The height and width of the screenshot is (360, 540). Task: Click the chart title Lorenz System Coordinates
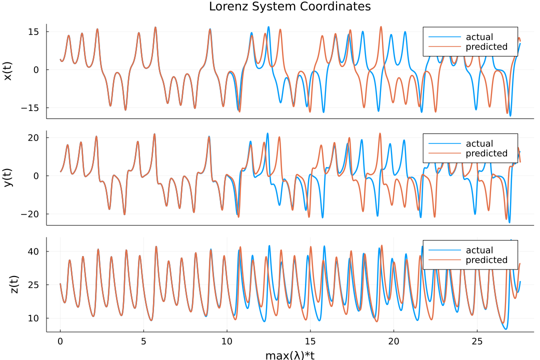tap(290, 6)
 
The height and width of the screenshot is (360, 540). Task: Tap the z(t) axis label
tap(14, 284)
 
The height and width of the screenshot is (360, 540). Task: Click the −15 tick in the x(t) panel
tap(31, 108)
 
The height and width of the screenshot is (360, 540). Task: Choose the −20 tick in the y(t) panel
tap(31, 214)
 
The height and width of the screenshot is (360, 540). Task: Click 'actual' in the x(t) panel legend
tap(479, 37)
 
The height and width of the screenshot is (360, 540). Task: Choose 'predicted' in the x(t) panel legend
tap(486, 47)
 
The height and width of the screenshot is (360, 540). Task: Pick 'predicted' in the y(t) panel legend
tap(486, 153)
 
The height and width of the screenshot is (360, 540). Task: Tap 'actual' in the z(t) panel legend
tap(479, 250)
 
